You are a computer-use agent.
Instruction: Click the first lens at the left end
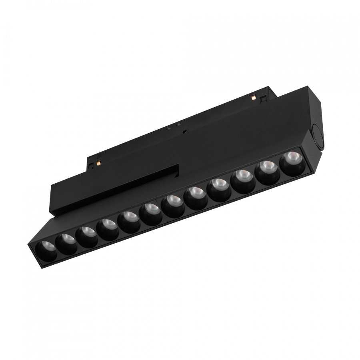click(x=45, y=251)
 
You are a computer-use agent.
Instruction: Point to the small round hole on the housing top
click(x=184, y=131)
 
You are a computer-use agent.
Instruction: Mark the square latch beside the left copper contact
click(x=91, y=163)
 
